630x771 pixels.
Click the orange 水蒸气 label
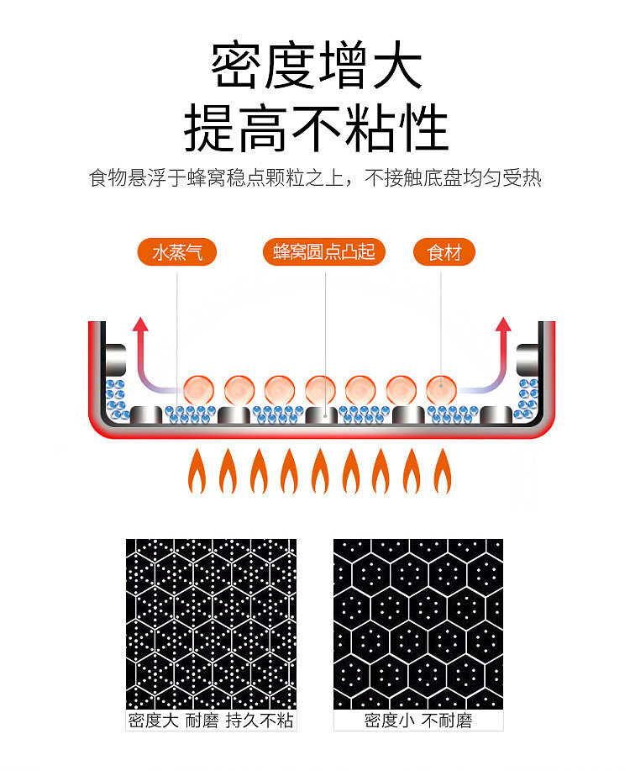pos(177,252)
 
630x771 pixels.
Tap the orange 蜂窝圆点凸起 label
pos(324,252)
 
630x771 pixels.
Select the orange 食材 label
pos(444,252)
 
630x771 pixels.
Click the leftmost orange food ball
pos(199,390)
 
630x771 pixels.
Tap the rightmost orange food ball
pos(441,390)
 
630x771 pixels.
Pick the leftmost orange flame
pos(196,472)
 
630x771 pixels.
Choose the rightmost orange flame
pos(441,472)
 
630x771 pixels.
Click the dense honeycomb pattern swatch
pos(211,624)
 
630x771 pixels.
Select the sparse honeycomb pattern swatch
pos(418,624)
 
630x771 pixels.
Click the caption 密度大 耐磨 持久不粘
pos(211,721)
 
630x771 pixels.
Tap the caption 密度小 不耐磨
pos(418,721)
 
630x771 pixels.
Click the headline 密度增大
pos(316,68)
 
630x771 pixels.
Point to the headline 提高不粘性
pos(316,129)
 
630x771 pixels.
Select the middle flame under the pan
pos(319,472)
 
